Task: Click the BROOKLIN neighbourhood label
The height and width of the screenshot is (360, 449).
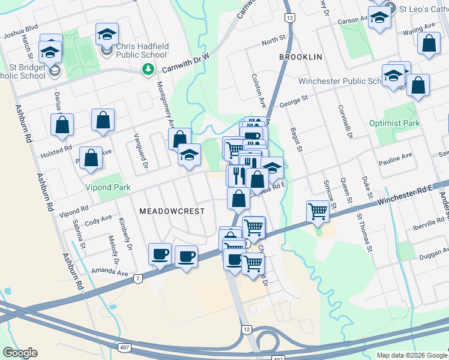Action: point(301,56)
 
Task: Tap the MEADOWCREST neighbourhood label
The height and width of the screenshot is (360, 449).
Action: point(172,211)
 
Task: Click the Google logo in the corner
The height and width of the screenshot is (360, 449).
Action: point(20,352)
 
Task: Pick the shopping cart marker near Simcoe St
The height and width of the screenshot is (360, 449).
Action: point(318,211)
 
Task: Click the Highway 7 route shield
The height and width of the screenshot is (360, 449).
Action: point(138,278)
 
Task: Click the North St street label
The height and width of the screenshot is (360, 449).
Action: point(273,39)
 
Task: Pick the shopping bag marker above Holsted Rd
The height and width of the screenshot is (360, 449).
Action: point(62,125)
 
